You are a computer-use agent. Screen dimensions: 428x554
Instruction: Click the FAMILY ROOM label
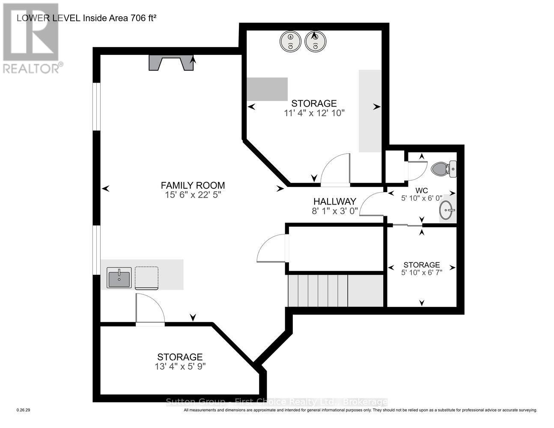coord(193,185)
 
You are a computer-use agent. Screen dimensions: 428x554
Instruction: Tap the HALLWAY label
coord(334,201)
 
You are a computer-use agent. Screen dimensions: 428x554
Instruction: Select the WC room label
coord(421,190)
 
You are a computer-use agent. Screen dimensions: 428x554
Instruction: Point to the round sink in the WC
coord(447,210)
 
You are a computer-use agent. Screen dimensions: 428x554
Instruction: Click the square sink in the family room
coord(119,278)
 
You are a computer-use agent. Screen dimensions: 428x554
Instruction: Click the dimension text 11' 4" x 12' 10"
coord(314,113)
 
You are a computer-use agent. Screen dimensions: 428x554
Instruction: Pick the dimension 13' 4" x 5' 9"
coord(180,367)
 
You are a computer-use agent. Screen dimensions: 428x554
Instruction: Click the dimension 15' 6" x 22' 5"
coord(193,195)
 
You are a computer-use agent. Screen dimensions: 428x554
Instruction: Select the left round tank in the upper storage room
coord(291,42)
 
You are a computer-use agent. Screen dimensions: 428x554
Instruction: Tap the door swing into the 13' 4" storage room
coord(149,307)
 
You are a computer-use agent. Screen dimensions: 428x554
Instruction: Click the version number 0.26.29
coord(23,410)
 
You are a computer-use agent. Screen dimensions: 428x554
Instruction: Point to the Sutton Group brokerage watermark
coord(277,402)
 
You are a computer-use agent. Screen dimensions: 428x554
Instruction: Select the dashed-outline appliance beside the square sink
coord(147,278)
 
